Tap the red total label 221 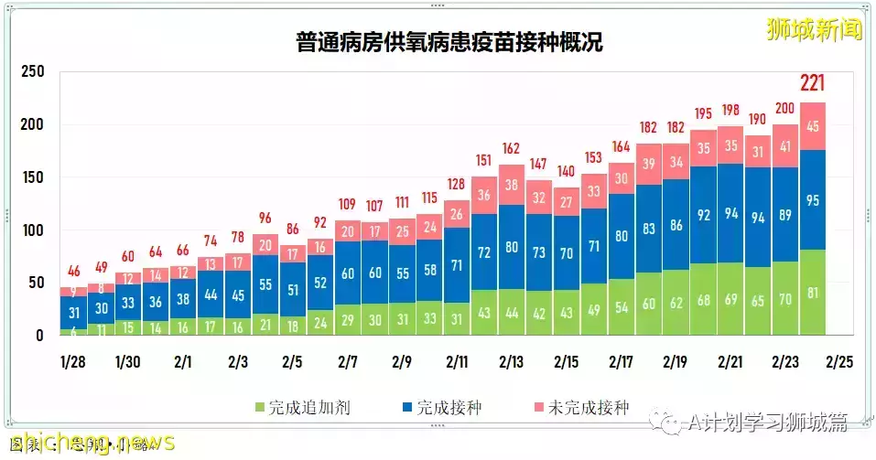814,84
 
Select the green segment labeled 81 814,293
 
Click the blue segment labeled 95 814,200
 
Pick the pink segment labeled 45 814,127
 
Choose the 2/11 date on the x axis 458,361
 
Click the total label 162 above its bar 512,148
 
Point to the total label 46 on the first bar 73,271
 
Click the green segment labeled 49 594,311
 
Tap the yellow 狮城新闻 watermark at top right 814,30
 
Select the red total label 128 457,185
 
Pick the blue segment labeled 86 676,224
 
